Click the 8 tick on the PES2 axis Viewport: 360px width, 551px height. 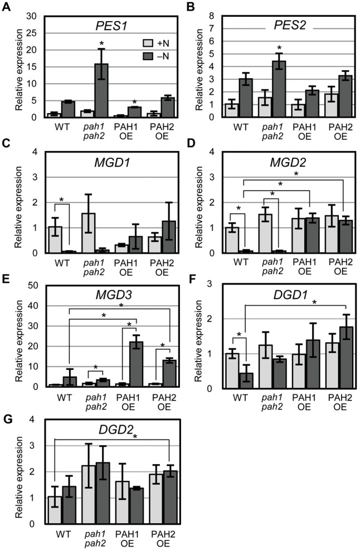(215, 14)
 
